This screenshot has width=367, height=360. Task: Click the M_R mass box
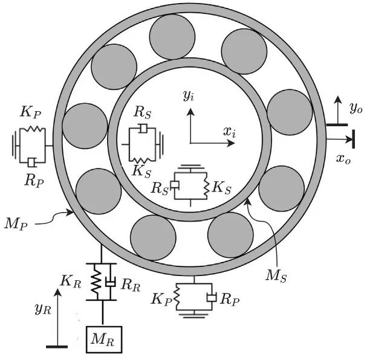point(105,340)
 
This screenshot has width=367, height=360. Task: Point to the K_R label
point(71,280)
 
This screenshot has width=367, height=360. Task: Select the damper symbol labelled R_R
point(111,282)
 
